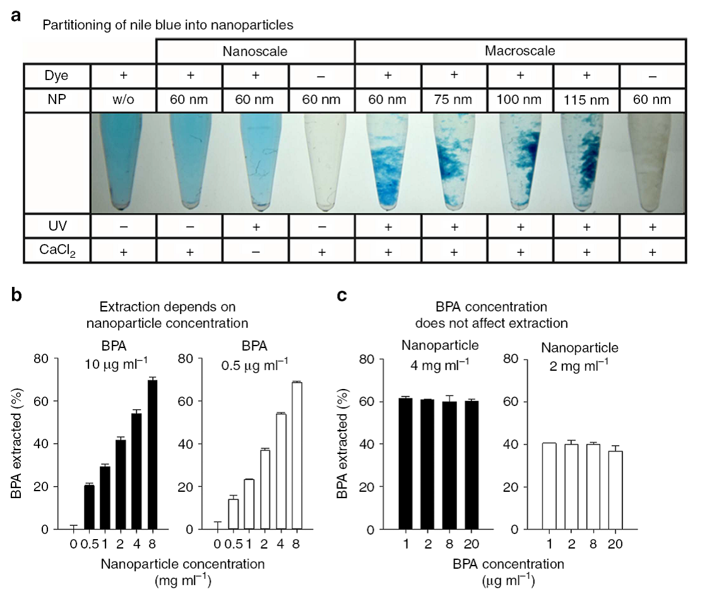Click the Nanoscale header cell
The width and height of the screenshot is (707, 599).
click(256, 50)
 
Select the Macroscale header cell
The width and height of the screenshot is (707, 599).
click(520, 50)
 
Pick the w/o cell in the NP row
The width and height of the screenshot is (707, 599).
click(124, 99)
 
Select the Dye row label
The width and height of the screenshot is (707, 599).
click(57, 75)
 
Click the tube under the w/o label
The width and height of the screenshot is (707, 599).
click(124, 161)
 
